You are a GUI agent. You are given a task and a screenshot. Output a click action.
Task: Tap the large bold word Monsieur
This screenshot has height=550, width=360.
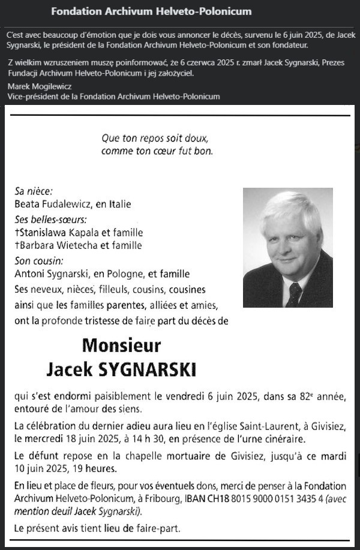pos(122,346)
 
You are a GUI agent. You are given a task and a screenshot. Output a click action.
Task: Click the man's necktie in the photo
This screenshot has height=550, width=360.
pos(294,294)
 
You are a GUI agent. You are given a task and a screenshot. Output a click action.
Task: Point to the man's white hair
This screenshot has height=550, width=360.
pos(291,207)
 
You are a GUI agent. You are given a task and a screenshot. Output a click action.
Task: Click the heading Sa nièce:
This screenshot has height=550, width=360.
pos(34,192)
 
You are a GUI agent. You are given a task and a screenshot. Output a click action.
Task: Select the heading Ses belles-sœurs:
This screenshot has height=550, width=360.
pos(50,219)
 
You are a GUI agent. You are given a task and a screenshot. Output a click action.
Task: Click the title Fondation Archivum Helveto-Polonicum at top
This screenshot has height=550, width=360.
pos(151,11)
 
